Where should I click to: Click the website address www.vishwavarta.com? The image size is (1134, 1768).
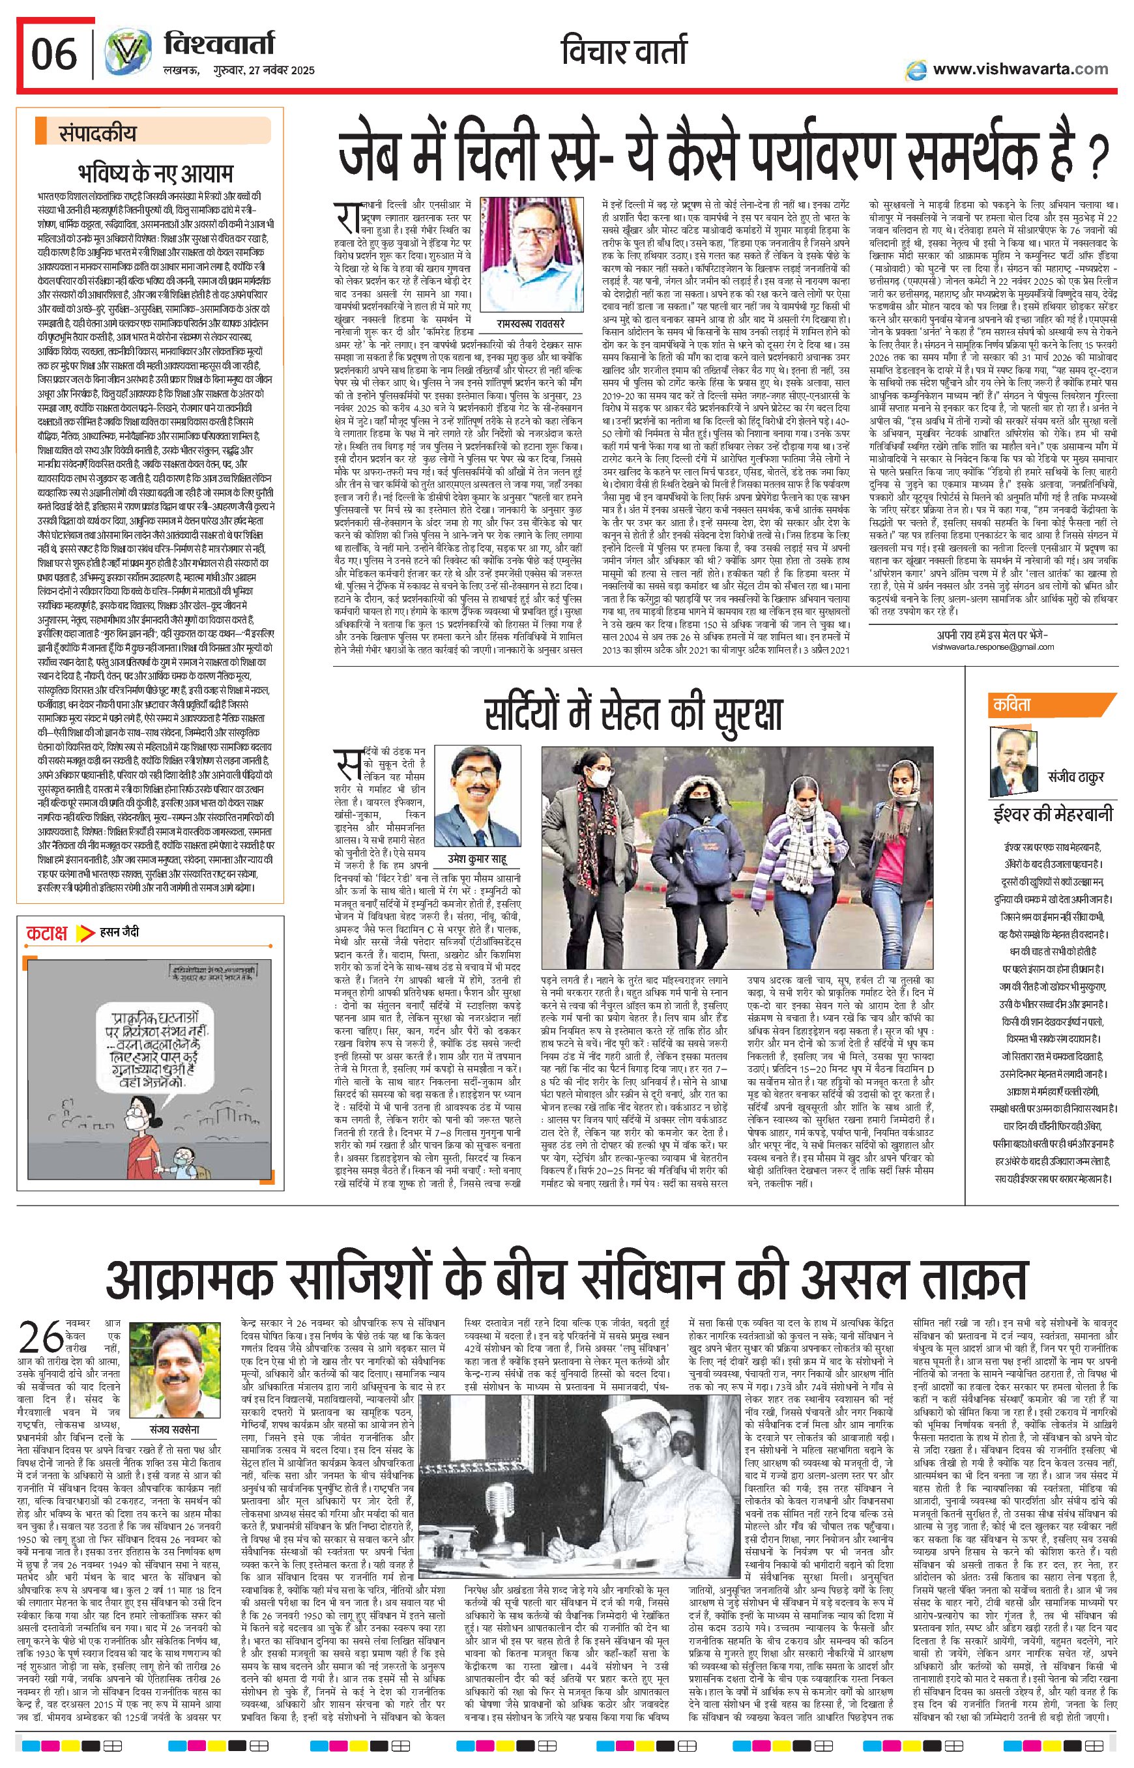click(x=1020, y=69)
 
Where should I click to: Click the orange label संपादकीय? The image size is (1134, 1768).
click(x=98, y=134)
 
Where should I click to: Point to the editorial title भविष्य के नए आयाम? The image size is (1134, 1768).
click(x=154, y=173)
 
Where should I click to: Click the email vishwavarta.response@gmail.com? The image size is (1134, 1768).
click(x=992, y=646)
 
